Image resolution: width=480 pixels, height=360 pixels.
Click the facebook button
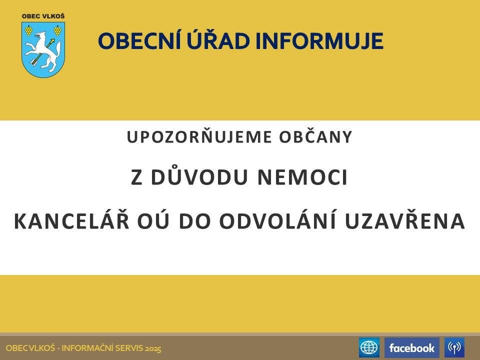coord(411,347)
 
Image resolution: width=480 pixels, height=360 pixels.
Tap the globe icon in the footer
coord(369,347)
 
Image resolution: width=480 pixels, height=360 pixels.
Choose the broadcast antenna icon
coord(454,347)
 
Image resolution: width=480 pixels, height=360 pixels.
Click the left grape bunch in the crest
coord(29,30)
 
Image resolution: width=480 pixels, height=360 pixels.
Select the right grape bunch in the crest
coord(57,30)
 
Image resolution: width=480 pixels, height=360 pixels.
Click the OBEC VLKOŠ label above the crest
coord(43,16)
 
